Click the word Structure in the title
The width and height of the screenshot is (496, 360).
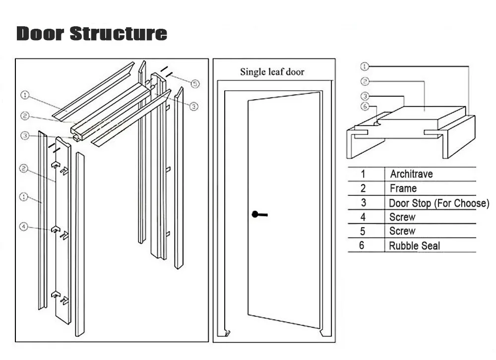119,34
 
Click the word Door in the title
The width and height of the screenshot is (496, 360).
40,34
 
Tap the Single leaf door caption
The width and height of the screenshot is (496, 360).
272,72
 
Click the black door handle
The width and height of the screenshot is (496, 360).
259,215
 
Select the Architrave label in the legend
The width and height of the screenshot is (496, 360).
411,174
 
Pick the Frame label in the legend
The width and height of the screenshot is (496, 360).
403,188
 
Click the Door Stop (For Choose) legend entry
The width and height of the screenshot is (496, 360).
439,203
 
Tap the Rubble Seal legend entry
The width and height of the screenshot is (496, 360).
414,246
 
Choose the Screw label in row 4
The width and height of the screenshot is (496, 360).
402,217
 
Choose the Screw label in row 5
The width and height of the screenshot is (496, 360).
402,231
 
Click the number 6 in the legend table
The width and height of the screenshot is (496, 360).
362,245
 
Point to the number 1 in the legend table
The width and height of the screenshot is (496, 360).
363,174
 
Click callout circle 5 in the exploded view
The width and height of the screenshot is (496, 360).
195,84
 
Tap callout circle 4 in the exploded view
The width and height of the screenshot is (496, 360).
24,227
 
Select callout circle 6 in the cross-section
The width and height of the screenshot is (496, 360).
365,106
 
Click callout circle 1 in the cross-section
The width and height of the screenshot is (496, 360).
365,66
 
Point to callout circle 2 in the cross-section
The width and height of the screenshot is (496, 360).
365,82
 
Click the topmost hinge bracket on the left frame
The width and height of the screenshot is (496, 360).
56,165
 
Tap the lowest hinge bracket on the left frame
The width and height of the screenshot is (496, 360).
56,295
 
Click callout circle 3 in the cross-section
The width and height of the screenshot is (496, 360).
365,96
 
